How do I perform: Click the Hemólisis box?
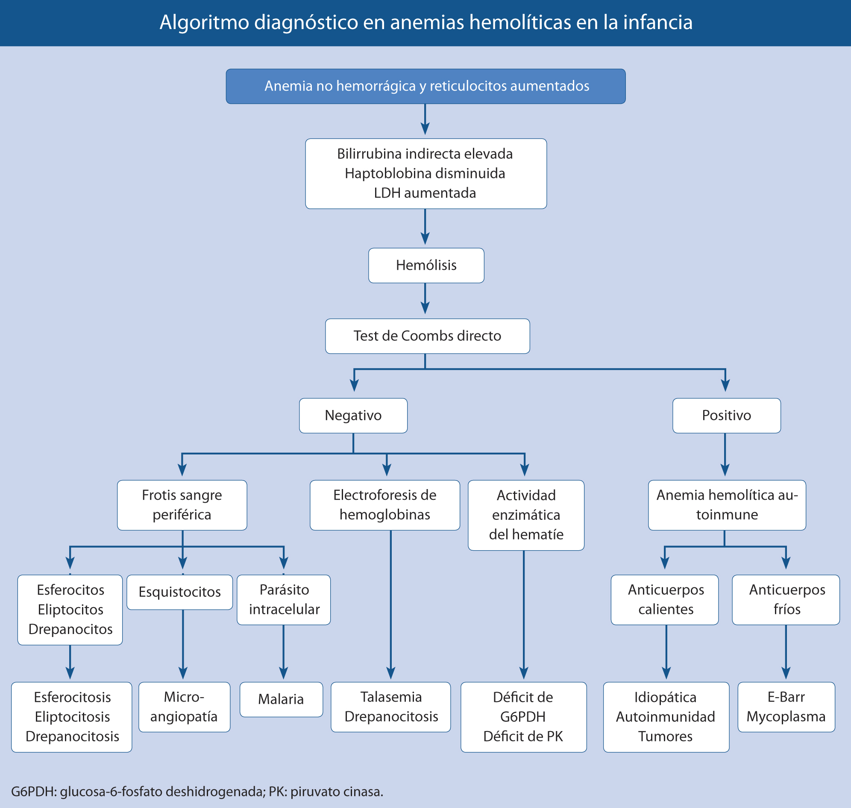[426, 265]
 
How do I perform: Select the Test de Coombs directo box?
[427, 336]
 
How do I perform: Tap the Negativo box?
[353, 415]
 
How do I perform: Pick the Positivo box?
[726, 415]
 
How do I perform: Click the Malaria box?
[281, 699]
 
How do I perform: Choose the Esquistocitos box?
[179, 592]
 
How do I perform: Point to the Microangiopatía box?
[184, 707]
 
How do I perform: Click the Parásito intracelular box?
[284, 599]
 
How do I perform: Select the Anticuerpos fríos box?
[786, 599]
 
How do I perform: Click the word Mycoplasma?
[786, 717]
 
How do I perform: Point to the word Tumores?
[665, 737]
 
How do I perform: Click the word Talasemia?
[391, 697]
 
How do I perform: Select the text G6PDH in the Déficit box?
[522, 717]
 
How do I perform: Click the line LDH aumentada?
[425, 193]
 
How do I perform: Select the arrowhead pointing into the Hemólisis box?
[425, 239]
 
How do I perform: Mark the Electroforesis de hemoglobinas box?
[384, 505]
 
